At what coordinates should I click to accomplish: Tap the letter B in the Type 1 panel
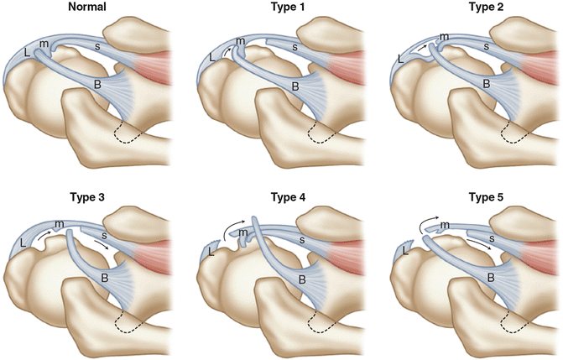click(295, 86)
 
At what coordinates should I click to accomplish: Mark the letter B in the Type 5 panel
click(485, 278)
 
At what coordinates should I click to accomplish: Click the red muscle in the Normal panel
click(157, 65)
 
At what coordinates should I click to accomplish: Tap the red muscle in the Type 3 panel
click(156, 253)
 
